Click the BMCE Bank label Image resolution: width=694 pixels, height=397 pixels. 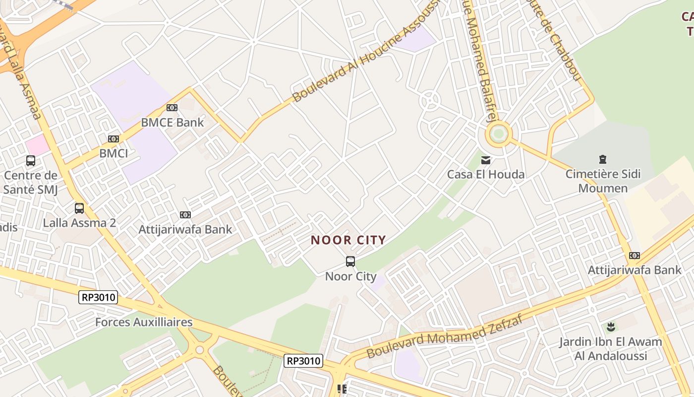[172, 122]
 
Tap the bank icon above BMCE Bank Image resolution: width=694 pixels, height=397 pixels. [172, 108]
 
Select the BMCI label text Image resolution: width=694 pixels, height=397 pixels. [114, 153]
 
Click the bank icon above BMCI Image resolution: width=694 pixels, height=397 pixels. [114, 139]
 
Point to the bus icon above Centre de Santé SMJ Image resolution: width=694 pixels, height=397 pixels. [31, 161]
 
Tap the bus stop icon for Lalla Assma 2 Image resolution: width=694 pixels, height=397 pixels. [79, 208]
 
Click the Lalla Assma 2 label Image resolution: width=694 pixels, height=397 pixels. [79, 223]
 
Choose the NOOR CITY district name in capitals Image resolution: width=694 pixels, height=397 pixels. [348, 241]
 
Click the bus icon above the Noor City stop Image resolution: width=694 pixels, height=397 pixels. [350, 262]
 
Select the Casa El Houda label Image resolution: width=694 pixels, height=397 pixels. [486, 175]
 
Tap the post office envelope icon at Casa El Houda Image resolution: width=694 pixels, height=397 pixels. [486, 160]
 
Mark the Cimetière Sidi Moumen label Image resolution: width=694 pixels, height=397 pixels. [603, 181]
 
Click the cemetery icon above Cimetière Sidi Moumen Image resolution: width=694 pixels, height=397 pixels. [603, 160]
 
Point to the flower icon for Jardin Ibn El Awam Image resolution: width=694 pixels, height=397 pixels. [611, 327]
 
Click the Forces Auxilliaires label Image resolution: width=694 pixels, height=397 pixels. [144, 322]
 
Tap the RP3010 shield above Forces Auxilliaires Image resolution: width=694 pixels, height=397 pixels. [98, 298]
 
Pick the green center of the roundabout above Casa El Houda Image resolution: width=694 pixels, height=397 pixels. [498, 133]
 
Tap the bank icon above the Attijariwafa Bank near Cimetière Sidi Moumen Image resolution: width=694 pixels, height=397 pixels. [635, 256]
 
